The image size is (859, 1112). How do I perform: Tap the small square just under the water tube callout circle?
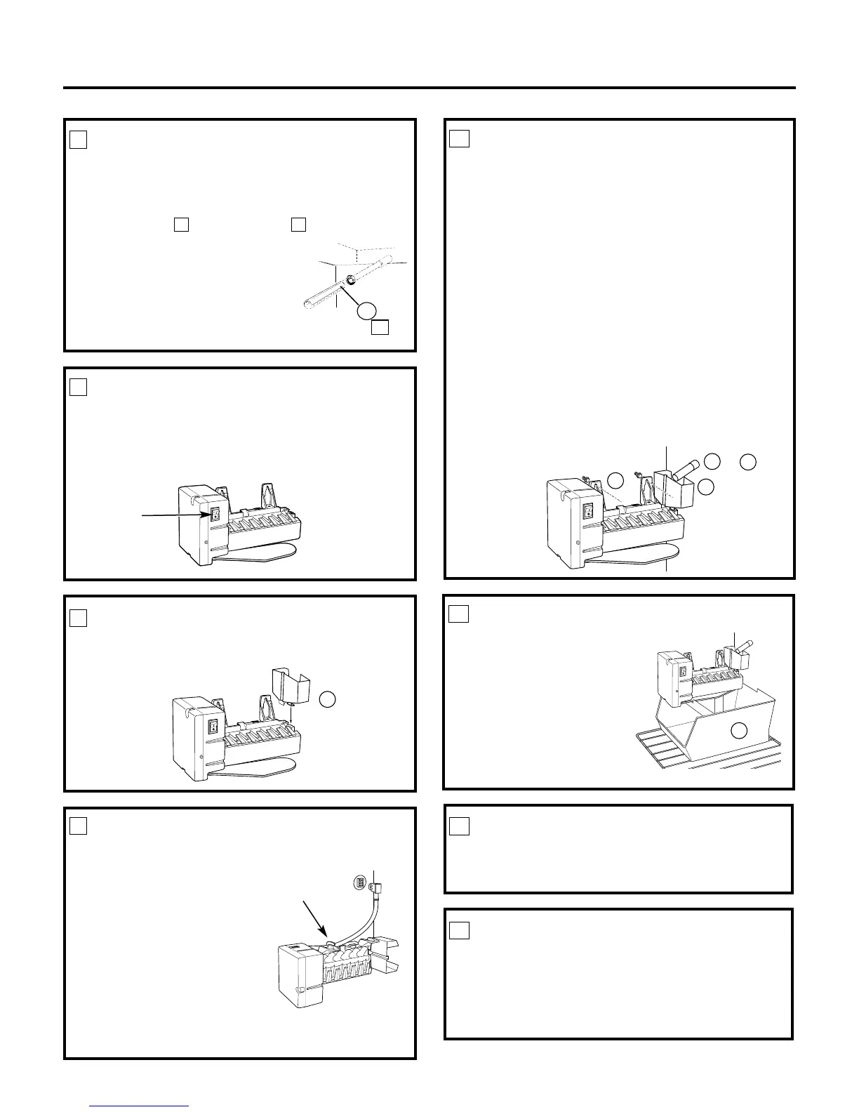pyautogui.click(x=380, y=327)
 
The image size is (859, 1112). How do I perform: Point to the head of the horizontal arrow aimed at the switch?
pyautogui.click(x=208, y=515)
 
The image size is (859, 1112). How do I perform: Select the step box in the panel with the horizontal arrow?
pyautogui.click(x=78, y=387)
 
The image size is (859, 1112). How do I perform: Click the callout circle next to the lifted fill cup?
pyautogui.click(x=327, y=699)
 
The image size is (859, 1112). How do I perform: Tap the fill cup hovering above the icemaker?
pyautogui.click(x=288, y=684)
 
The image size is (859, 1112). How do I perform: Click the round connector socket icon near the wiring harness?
pyautogui.click(x=358, y=883)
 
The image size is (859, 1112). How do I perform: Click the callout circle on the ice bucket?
pyautogui.click(x=738, y=731)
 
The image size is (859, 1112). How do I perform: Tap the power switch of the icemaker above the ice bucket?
pyautogui.click(x=682, y=672)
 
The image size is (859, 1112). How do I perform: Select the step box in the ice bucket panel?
pyautogui.click(x=458, y=614)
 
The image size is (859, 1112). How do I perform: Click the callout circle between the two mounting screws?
pyautogui.click(x=615, y=480)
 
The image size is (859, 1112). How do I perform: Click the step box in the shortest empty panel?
pyautogui.click(x=458, y=826)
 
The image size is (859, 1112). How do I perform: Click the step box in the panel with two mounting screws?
pyautogui.click(x=458, y=138)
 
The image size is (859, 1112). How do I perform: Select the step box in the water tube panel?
pyautogui.click(x=78, y=140)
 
